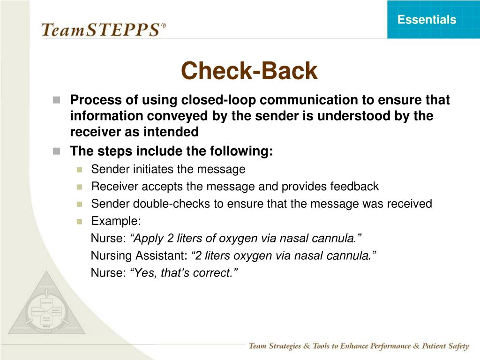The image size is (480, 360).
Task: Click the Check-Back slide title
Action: pyautogui.click(x=249, y=71)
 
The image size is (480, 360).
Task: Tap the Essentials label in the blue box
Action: pyautogui.click(x=427, y=20)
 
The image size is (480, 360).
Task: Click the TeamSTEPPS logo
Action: pyautogui.click(x=100, y=30)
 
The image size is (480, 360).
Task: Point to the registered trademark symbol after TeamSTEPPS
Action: pyautogui.click(x=163, y=25)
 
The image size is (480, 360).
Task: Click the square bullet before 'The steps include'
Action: pyautogui.click(x=57, y=151)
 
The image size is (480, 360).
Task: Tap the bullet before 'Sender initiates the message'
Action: pyautogui.click(x=79, y=169)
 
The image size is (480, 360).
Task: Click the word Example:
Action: pyautogui.click(x=116, y=221)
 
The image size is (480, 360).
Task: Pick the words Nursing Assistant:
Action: pyautogui.click(x=139, y=255)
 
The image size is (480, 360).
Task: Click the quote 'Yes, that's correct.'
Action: pyautogui.click(x=184, y=273)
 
